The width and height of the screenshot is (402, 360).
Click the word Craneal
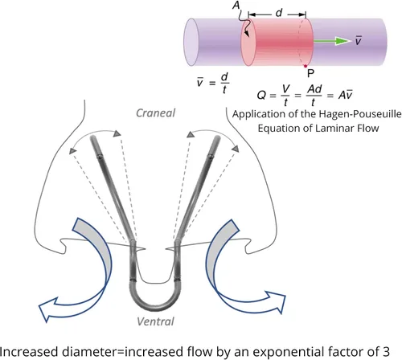pos(155,113)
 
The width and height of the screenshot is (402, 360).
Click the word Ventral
pos(155,321)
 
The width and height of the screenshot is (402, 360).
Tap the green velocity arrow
pos(332,41)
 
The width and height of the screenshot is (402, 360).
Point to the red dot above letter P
pos(306,66)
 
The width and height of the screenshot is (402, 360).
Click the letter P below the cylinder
pos(310,73)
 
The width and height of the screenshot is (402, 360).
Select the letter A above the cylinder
pos(236,5)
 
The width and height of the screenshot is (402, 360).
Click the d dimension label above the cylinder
pos(279,12)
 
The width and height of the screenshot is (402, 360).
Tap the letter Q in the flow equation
pos(261,95)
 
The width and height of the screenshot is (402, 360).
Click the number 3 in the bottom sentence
pos(385,351)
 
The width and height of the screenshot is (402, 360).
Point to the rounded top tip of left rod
pos(93,137)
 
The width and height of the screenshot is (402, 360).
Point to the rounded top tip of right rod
pos(217,137)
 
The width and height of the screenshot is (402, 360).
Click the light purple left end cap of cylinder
pos(191,42)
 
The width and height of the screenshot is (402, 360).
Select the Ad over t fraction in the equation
pos(314,95)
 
